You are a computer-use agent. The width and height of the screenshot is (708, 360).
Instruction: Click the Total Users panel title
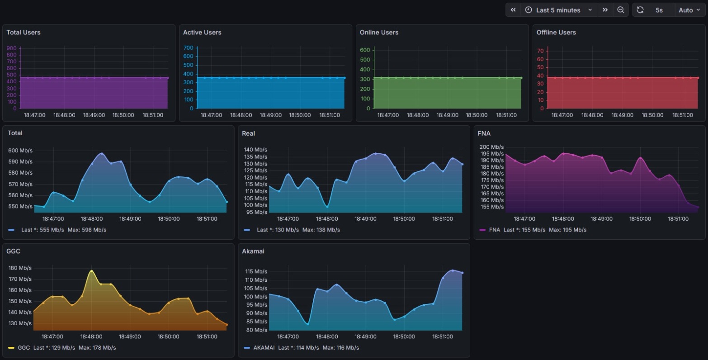[x=24, y=33]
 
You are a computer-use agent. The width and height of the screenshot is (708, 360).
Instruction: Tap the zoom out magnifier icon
[x=621, y=10]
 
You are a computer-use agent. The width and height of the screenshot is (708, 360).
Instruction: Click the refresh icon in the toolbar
[x=640, y=10]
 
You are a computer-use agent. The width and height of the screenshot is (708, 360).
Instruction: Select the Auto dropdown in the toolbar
[x=689, y=10]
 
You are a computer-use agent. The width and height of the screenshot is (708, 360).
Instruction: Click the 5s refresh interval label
[x=659, y=10]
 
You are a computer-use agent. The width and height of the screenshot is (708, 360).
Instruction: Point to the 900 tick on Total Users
[x=12, y=48]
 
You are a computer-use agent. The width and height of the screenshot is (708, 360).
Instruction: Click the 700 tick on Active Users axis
[x=188, y=48]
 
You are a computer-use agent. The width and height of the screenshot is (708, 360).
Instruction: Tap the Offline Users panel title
[x=556, y=33]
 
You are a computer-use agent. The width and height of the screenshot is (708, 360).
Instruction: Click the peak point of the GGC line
[x=92, y=271]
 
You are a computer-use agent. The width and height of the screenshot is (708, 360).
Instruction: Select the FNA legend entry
[x=494, y=230]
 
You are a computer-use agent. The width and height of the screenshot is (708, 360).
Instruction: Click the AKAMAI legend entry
[x=260, y=348]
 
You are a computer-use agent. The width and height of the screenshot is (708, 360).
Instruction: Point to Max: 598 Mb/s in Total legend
[x=87, y=230]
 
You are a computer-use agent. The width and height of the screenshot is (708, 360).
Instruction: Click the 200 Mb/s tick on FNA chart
[x=491, y=147]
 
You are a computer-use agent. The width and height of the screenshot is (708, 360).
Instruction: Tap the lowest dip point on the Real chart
[x=327, y=207]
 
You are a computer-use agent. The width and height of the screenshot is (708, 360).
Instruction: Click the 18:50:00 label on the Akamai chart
[x=404, y=336]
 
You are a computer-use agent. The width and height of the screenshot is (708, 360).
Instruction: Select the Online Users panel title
[x=379, y=33]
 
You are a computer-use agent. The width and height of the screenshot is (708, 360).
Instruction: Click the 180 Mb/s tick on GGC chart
[x=20, y=268]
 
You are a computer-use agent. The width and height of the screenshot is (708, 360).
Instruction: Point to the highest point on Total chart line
[x=102, y=153]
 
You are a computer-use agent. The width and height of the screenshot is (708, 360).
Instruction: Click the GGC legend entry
[x=24, y=348]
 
